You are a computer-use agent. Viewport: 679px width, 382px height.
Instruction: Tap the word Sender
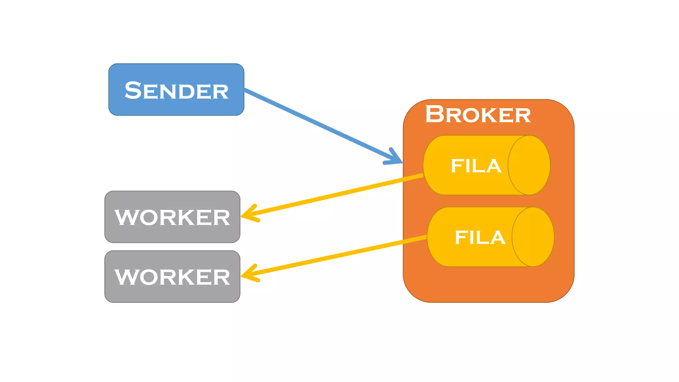pos(176,91)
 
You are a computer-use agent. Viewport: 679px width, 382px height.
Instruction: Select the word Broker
pos(478,114)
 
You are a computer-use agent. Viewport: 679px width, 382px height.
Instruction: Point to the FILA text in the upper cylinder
pos(476,166)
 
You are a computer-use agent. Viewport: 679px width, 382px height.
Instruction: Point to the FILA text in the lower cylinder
pos(480,237)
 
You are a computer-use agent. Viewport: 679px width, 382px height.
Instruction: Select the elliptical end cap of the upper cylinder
pos(529,165)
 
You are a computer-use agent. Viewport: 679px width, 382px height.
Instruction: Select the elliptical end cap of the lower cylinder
pos(533,237)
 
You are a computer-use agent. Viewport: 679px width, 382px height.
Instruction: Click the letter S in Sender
pos(133,90)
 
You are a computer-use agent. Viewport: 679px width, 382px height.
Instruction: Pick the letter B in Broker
pos(434,114)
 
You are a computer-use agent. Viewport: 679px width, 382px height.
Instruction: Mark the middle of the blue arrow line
pos(323,126)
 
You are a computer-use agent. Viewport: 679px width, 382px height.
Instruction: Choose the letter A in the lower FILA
pos(496,237)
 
